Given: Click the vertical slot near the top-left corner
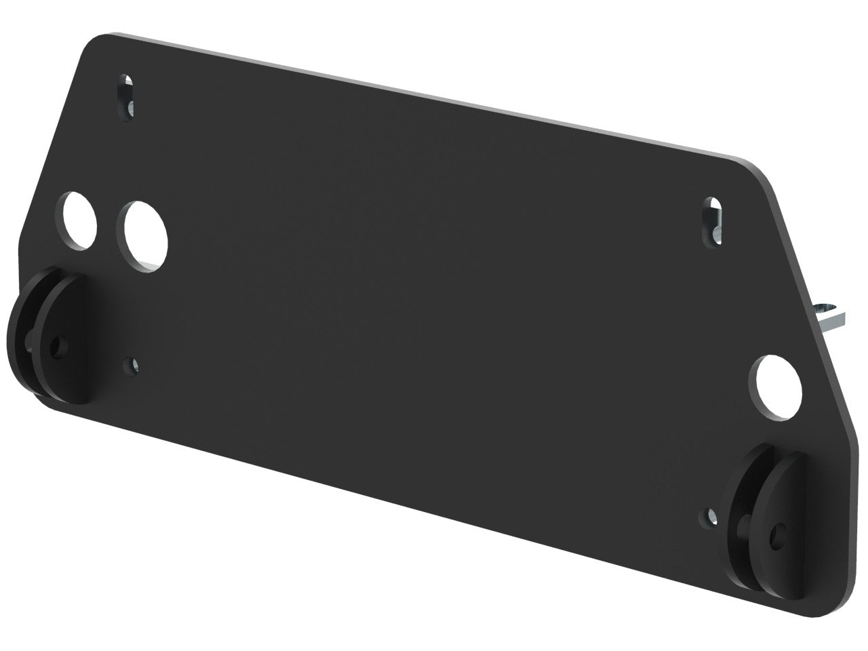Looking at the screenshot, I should click(127, 98).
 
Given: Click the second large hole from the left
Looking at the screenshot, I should click(145, 237).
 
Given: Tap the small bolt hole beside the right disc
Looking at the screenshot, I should click(711, 517).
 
